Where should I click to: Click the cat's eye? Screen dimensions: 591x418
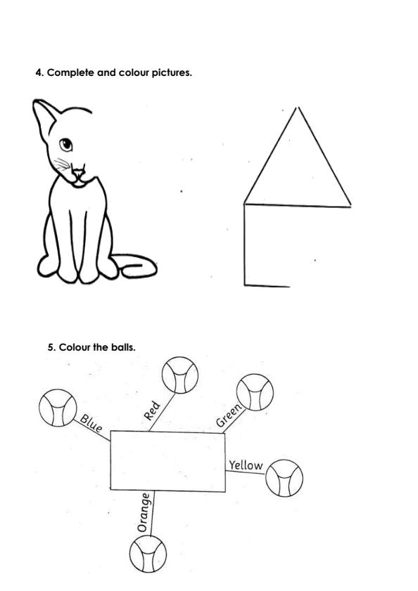(x=65, y=145)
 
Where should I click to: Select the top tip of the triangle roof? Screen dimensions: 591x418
(x=298, y=108)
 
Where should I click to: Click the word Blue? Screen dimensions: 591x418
(x=91, y=424)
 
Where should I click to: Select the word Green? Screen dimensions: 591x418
(x=229, y=416)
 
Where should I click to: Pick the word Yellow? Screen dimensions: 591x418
(x=246, y=465)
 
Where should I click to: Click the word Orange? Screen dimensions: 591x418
(x=144, y=512)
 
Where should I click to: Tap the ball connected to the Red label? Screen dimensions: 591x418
(x=179, y=375)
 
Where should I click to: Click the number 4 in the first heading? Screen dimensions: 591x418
(x=38, y=72)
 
